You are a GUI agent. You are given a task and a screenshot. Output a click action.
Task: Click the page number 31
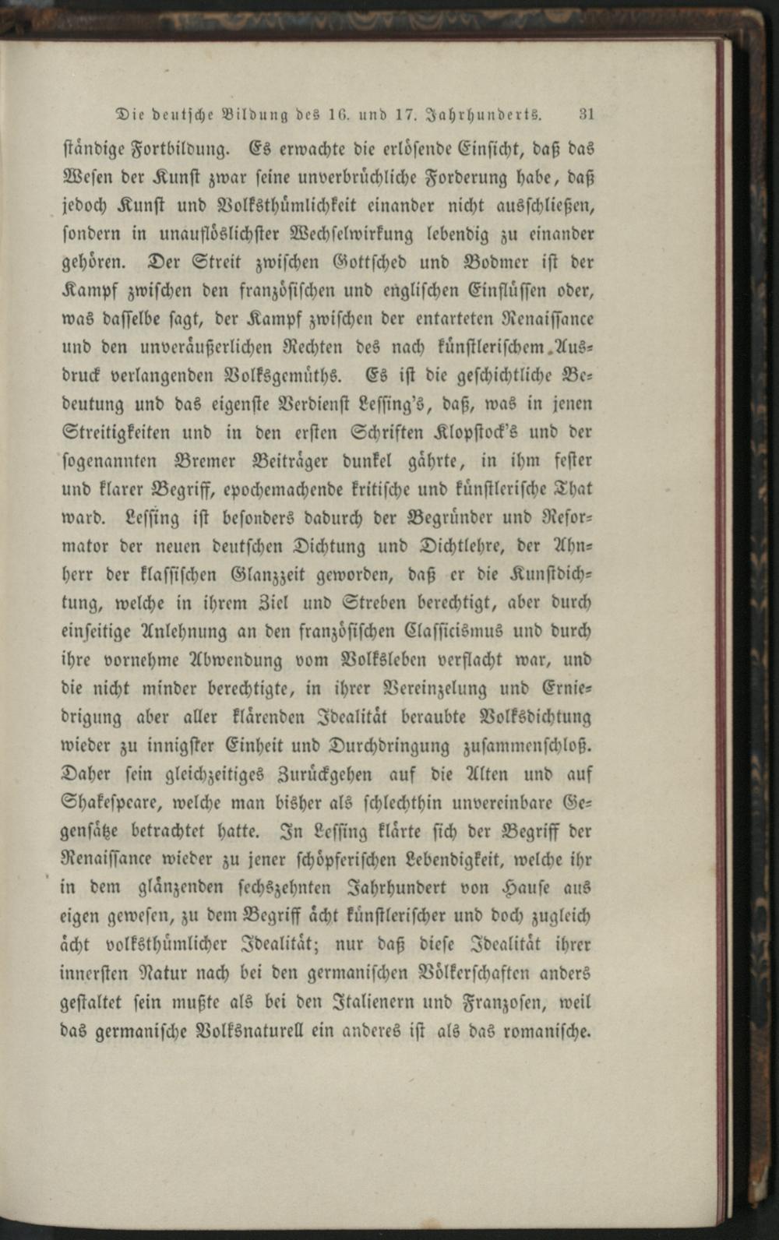click(x=587, y=114)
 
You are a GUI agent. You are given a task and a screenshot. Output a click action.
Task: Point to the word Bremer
click(x=212, y=461)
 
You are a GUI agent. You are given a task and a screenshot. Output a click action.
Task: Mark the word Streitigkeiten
click(x=115, y=432)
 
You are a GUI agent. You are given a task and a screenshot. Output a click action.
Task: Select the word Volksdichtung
click(x=536, y=717)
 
